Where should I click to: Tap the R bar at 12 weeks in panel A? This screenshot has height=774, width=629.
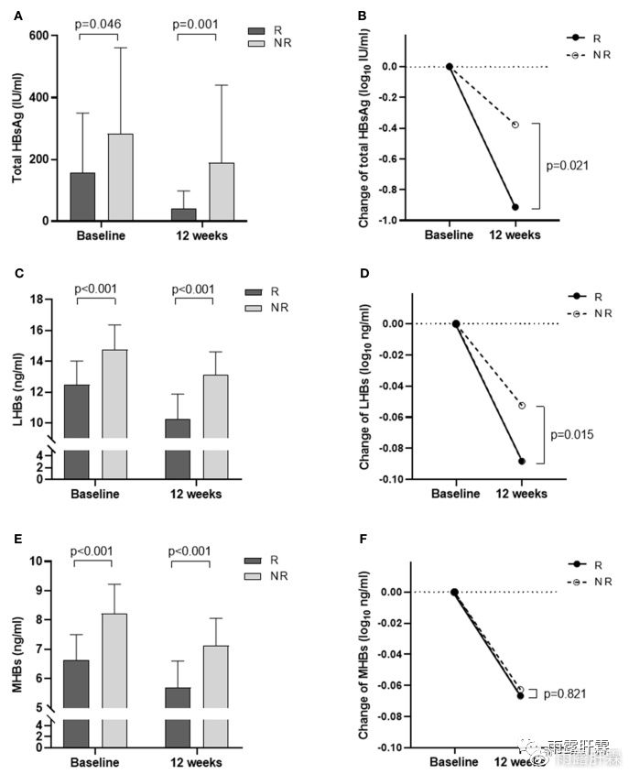coord(184,214)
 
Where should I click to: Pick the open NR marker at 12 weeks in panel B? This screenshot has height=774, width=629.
coord(515,124)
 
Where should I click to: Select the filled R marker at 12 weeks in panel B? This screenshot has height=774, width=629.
coord(515,207)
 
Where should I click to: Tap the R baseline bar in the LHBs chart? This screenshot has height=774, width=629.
coord(76,431)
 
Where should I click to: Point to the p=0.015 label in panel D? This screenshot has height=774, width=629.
coord(569,434)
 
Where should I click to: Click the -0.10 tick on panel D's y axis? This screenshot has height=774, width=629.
coord(396,479)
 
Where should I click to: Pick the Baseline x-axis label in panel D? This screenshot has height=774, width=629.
coord(455,494)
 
